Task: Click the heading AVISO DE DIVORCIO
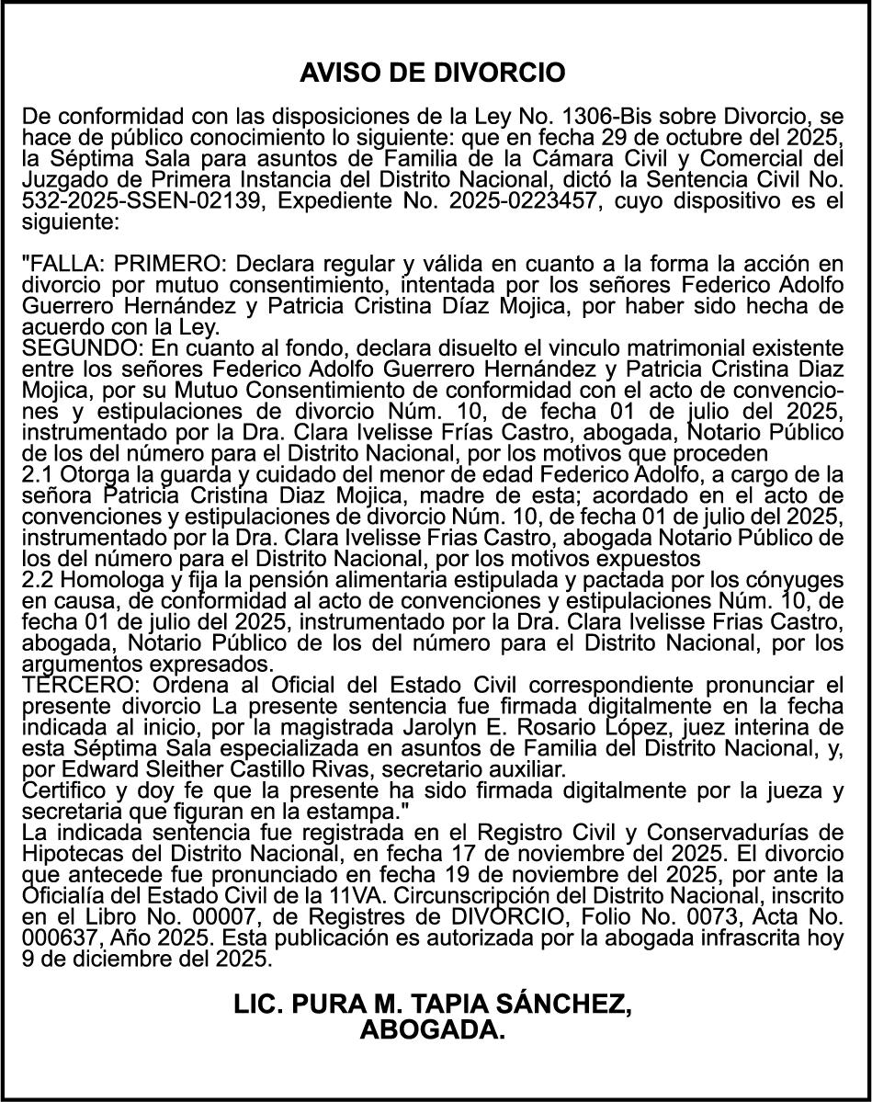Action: pos(432,73)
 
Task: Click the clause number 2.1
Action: pos(37,474)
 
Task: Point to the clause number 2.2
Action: pos(37,579)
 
